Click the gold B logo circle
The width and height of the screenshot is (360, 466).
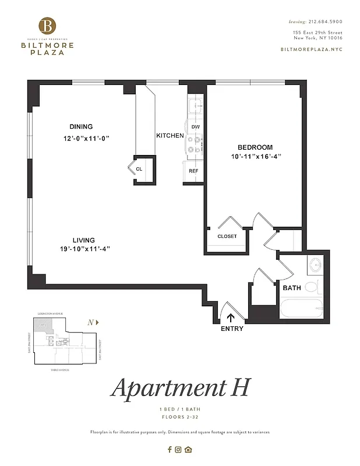point(48,26)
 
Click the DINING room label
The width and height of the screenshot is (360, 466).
point(81,127)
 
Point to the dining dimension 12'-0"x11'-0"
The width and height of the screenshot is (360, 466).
point(87,139)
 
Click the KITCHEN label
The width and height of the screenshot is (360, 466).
point(170,136)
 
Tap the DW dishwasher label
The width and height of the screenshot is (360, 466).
point(196,127)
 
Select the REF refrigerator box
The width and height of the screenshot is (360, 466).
point(193,171)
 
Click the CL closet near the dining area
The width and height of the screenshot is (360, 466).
point(140,169)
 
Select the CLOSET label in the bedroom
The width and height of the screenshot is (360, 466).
point(227,236)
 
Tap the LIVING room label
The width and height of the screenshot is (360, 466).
point(83,240)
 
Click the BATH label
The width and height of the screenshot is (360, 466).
point(291,288)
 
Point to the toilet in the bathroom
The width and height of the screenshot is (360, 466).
point(313,287)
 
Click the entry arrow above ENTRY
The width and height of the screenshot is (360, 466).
point(231,317)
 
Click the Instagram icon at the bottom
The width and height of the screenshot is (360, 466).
point(179,449)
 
